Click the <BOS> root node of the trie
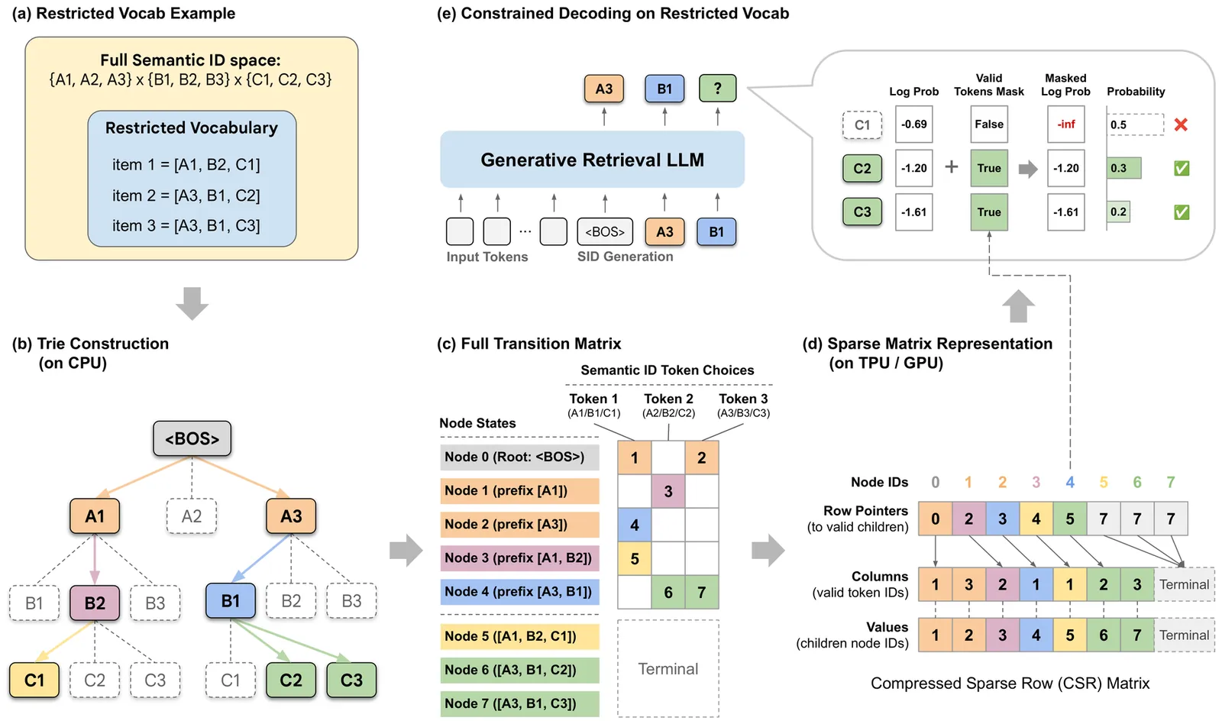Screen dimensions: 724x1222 coord(192,438)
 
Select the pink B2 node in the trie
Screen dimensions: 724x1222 coord(95,603)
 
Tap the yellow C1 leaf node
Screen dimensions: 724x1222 coord(34,680)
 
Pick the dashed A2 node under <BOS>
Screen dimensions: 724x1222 coord(192,516)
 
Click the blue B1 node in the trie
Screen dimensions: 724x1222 coord(230,601)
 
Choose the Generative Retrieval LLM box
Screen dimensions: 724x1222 coord(592,160)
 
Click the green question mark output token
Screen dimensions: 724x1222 coord(717,89)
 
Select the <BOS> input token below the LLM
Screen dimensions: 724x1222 coord(605,231)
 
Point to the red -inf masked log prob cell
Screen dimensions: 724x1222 coord(1065,124)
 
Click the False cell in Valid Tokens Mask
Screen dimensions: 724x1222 coord(989,124)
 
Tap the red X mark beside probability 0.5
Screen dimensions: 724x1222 coord(1181,124)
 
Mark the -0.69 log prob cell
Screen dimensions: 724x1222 coord(913,124)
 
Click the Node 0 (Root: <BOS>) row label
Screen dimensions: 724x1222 coord(519,457)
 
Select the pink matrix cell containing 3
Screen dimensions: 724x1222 coord(668,491)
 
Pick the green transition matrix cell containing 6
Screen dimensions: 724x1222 coord(668,592)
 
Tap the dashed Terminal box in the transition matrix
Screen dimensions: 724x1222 coord(668,668)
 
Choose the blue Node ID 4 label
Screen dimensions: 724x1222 coord(1070,482)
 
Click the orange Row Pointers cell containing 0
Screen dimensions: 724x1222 coord(935,519)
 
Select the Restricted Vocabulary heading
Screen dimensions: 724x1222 coord(192,128)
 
